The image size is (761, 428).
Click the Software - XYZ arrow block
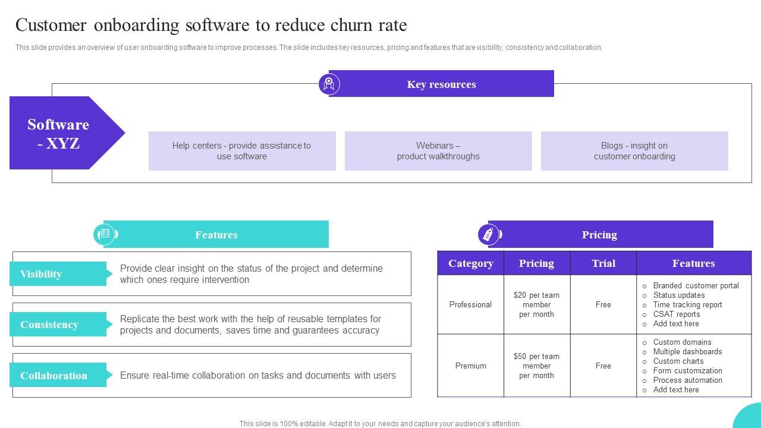[59, 133]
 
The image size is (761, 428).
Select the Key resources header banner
[441, 84]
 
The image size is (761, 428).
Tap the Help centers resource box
[242, 151]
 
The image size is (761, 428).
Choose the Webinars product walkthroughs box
[438, 151]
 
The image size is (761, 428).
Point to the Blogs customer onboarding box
[634, 151]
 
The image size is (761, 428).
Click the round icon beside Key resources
[329, 84]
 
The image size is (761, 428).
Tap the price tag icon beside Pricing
[489, 234]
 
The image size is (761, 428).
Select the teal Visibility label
[58, 274]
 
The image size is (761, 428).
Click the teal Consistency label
[58, 325]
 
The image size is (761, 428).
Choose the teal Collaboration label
[58, 376]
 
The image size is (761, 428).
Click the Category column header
[470, 263]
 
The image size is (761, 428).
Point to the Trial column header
[603, 263]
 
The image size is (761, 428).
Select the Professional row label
[470, 305]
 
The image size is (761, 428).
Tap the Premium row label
[470, 366]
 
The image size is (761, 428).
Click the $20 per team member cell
[536, 305]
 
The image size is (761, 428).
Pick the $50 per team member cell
[536, 366]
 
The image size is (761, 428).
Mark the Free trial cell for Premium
[603, 366]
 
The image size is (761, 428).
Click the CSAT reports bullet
[676, 314]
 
